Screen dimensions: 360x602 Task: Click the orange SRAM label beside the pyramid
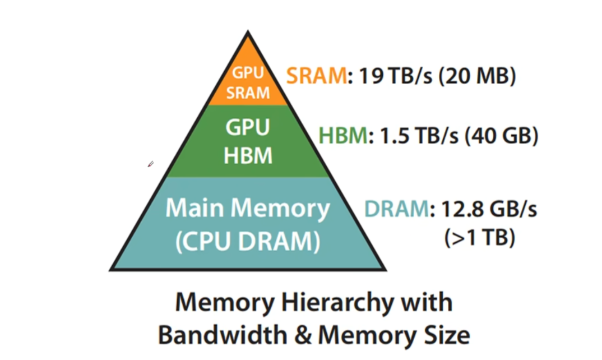pos(316,76)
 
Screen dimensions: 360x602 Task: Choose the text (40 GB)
pos(501,136)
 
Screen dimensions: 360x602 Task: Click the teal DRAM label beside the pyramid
pos(396,210)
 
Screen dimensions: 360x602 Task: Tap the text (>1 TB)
pos(480,238)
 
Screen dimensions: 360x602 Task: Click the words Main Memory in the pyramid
pos(248,209)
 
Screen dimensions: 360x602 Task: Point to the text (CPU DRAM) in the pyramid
pos(248,242)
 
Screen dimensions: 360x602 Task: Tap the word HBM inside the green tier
pos(248,155)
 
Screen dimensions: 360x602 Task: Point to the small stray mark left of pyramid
pos(150,164)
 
